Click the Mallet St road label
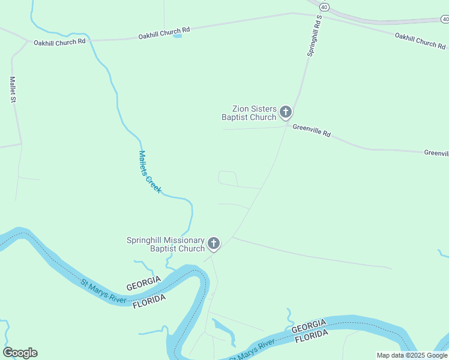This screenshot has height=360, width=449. click(x=12, y=90)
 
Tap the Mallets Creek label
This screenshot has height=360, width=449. click(x=150, y=172)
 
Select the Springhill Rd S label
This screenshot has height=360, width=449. click(x=315, y=35)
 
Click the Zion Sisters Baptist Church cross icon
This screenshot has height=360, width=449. click(x=286, y=112)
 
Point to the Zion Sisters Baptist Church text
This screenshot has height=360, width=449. click(x=249, y=113)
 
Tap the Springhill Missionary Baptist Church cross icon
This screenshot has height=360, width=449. click(x=214, y=244)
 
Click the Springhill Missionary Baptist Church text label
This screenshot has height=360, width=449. click(x=166, y=244)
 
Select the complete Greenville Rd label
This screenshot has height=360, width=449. click(x=312, y=130)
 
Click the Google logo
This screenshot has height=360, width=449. click(x=20, y=353)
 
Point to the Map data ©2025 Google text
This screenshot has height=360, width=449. click(x=412, y=355)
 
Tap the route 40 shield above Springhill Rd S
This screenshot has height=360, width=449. click(x=324, y=7)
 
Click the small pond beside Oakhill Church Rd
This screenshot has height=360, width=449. click(x=177, y=36)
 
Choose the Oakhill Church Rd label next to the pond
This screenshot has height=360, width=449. click(x=164, y=32)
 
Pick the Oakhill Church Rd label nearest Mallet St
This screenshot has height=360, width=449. click(x=59, y=43)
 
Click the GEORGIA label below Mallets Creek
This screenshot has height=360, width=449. click(x=143, y=283)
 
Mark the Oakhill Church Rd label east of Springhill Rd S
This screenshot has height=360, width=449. click(x=420, y=40)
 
